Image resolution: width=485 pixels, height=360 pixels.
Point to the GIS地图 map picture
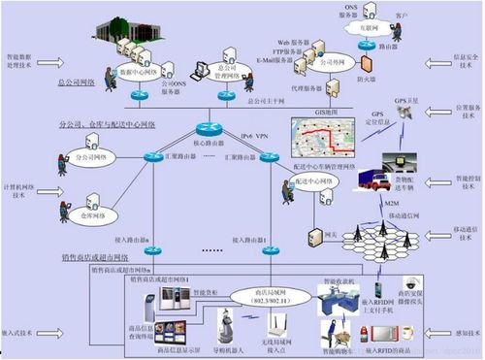[x=320, y=141]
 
